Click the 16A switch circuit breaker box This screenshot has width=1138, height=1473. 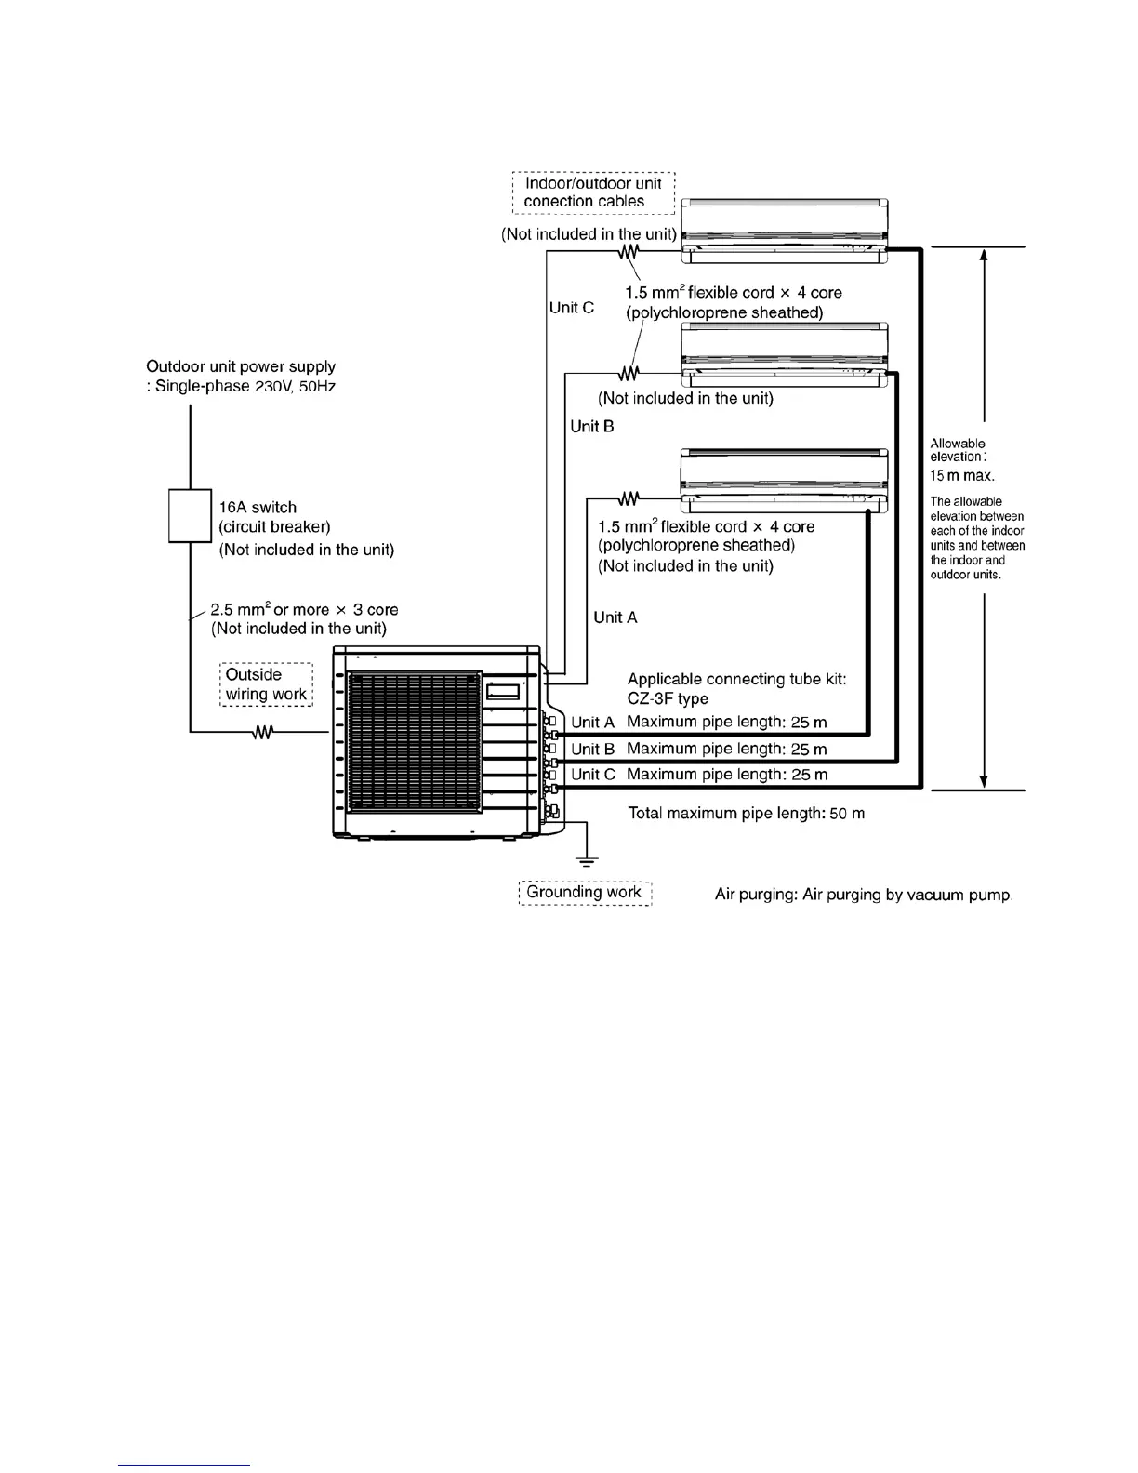[x=190, y=515]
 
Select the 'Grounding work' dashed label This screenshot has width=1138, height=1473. [x=585, y=893]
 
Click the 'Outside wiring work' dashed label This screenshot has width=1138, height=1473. [x=266, y=684]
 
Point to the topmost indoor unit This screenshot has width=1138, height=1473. [x=784, y=225]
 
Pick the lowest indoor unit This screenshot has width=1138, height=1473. [x=784, y=480]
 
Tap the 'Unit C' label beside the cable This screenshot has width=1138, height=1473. [x=572, y=308]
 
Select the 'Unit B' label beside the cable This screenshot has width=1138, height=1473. [x=592, y=427]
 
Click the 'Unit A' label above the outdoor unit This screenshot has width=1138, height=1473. [x=615, y=617]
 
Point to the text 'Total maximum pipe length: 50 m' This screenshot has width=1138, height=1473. [x=747, y=814]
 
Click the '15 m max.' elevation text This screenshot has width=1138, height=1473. [x=962, y=476]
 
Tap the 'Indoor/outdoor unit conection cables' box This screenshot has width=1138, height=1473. [x=593, y=192]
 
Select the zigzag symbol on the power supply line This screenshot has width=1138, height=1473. [x=263, y=733]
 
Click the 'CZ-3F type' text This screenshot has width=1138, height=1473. [x=668, y=699]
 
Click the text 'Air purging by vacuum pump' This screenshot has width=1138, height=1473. [x=907, y=896]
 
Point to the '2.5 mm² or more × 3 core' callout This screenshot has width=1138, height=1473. [x=304, y=610]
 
